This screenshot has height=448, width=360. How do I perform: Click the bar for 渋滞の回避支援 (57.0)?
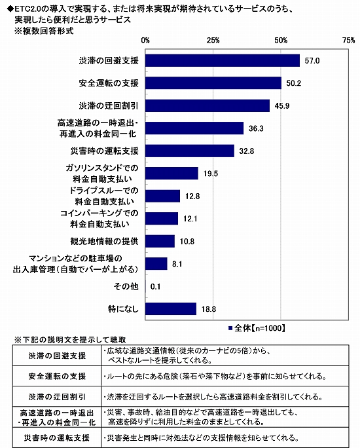pyautogui.click(x=223, y=60)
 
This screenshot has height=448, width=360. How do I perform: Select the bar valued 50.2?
pyautogui.click(x=213, y=83)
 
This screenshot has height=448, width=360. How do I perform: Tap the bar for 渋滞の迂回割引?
pyautogui.click(x=207, y=105)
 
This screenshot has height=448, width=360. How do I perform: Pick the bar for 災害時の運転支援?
pyautogui.click(x=190, y=151)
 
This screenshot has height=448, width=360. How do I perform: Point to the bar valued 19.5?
pyautogui.click(x=171, y=174)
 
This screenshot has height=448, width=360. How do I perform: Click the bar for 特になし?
pyautogui.click(x=171, y=309)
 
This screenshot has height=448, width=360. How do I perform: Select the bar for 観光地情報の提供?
pyautogui.click(x=160, y=241)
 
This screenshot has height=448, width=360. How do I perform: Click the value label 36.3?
pyautogui.click(x=256, y=128)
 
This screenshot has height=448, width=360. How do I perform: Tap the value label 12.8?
pyautogui.click(x=192, y=196)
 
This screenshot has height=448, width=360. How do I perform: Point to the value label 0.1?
pyautogui.click(x=155, y=287)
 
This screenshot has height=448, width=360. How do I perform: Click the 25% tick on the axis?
pyautogui.click(x=213, y=41)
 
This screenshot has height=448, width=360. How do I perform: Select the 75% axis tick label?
pyautogui.click(x=349, y=41)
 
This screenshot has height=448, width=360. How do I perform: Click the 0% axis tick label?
pyautogui.click(x=145, y=41)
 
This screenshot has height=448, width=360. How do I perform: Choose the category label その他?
pyautogui.click(x=126, y=286)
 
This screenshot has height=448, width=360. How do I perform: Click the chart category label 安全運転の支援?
pyautogui.click(x=109, y=83)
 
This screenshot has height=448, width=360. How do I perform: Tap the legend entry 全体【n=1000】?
pyautogui.click(x=257, y=328)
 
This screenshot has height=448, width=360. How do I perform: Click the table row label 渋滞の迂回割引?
pyautogui.click(x=57, y=397)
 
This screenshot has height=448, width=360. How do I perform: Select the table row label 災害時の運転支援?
pyautogui.click(x=57, y=438)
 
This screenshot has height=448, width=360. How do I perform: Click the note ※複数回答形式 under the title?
pyautogui.click(x=44, y=31)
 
